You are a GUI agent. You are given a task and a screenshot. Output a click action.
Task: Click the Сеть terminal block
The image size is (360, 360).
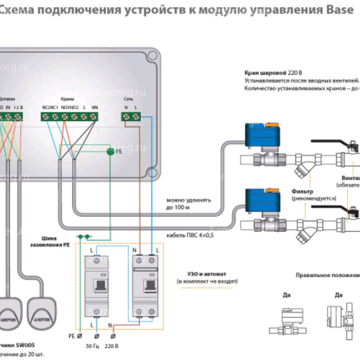coord(130,117)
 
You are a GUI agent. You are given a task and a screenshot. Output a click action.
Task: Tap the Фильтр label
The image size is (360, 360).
coord(302,191)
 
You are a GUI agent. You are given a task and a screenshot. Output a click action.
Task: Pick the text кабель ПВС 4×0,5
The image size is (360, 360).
coord(190,235)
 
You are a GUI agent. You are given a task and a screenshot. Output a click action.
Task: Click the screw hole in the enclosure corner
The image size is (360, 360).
coord(150,59)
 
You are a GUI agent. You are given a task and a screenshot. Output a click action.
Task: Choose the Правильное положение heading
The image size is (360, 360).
coord(327,275)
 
